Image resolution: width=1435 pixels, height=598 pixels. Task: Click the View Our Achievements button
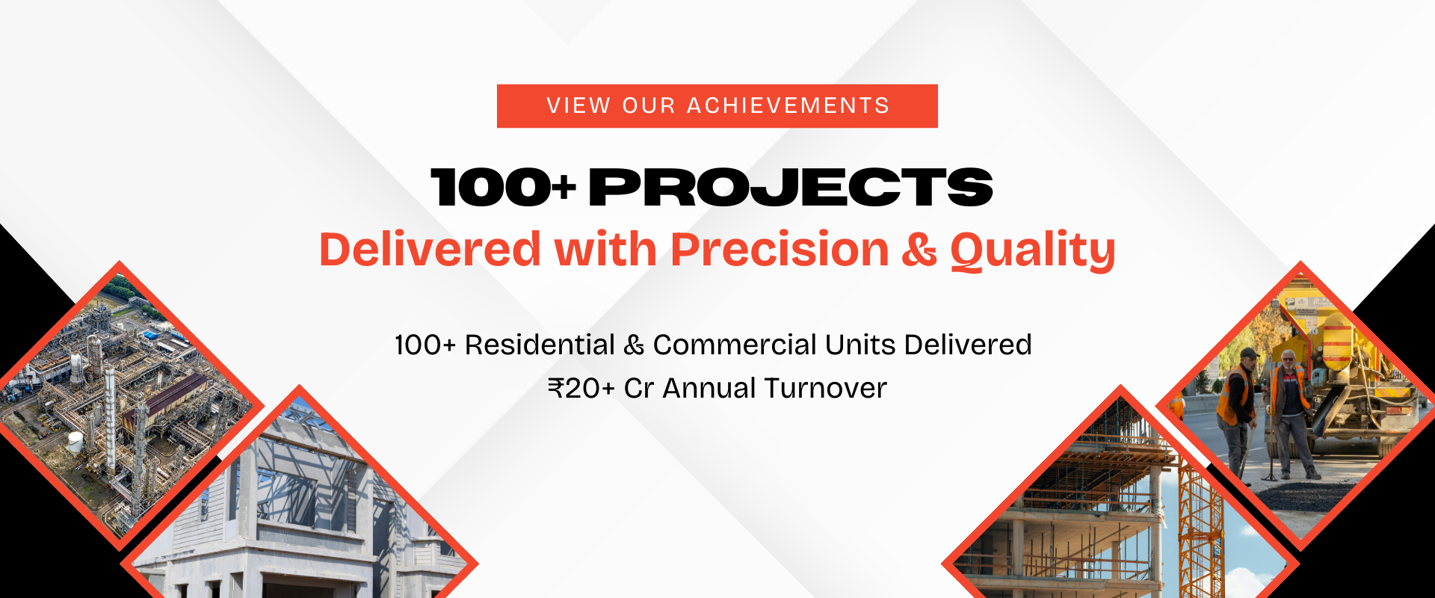point(717,106)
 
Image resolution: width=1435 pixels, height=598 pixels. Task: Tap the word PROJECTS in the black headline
point(791,187)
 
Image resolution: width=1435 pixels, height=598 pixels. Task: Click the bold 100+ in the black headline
point(504,187)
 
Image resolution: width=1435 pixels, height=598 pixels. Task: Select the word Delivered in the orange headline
point(430,249)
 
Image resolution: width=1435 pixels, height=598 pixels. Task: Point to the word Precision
point(780,249)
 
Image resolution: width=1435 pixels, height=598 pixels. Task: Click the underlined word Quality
point(1033,251)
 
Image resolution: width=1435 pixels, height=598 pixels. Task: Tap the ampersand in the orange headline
point(919,250)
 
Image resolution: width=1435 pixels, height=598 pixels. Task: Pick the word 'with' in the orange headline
point(605,249)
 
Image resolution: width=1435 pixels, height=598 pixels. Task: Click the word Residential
point(540,345)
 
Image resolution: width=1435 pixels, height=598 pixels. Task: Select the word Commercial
point(735,345)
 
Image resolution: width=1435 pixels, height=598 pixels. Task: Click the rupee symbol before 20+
point(556,388)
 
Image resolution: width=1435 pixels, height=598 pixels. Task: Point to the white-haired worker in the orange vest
point(1291,415)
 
